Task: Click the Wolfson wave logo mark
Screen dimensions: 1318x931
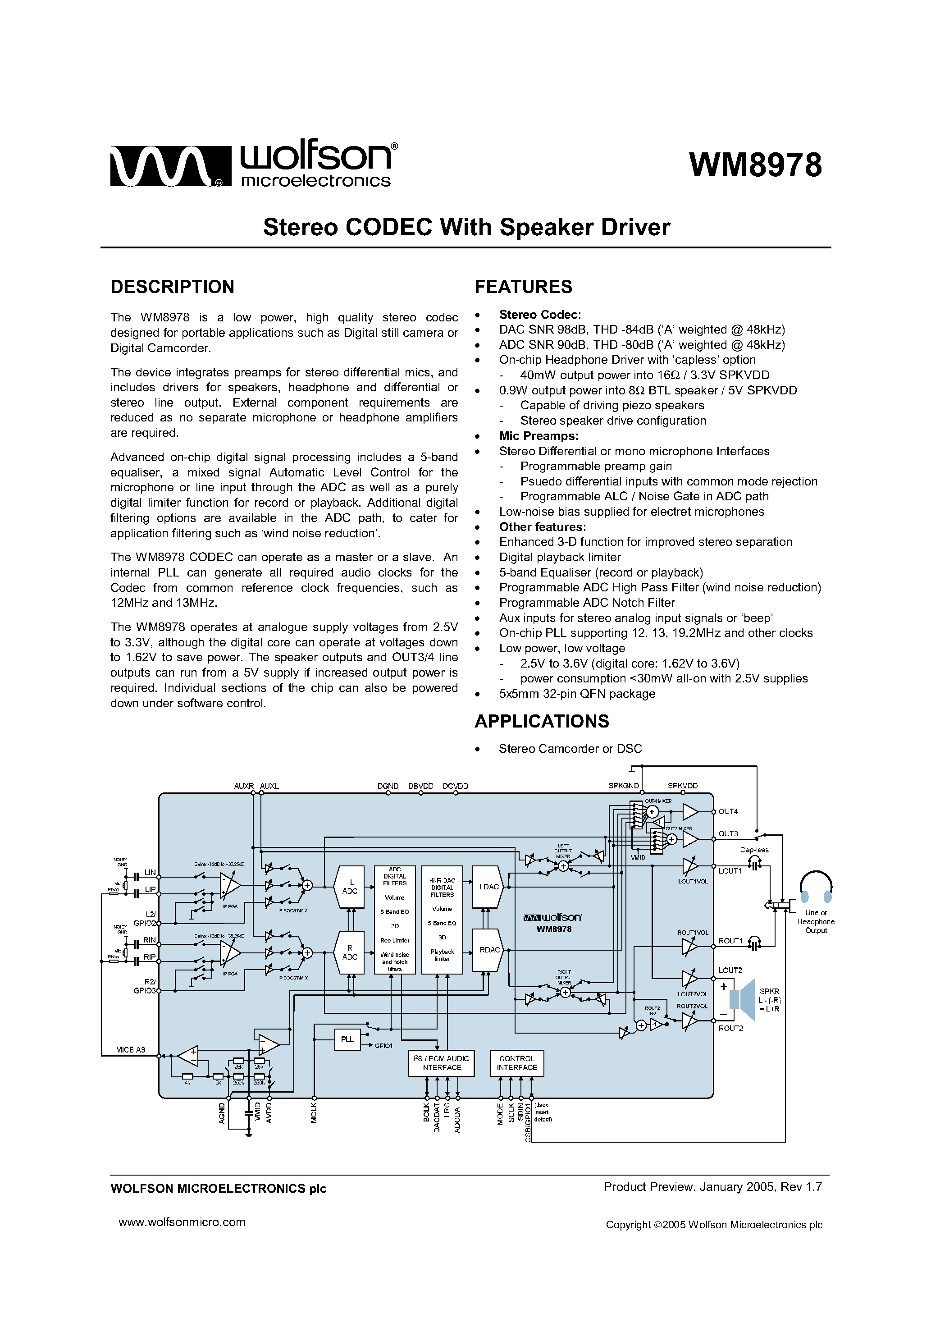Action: tap(169, 166)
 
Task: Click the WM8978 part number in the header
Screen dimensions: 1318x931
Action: tap(755, 165)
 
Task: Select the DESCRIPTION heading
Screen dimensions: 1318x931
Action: tap(172, 286)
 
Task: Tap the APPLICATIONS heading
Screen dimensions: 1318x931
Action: tap(541, 721)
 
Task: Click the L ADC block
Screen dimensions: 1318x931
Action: tap(350, 887)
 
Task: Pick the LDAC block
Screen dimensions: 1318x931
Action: tap(488, 887)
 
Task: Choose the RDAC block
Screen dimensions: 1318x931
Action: tap(488, 950)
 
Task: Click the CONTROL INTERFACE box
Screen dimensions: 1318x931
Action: tap(516, 1062)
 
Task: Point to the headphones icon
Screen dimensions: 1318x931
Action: tap(816, 888)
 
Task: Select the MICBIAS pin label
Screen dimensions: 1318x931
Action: tap(131, 1049)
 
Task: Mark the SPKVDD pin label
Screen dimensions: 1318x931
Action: tap(682, 786)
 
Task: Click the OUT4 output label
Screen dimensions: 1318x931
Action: tap(728, 811)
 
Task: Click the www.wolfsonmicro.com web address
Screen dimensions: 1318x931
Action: tap(182, 1222)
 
